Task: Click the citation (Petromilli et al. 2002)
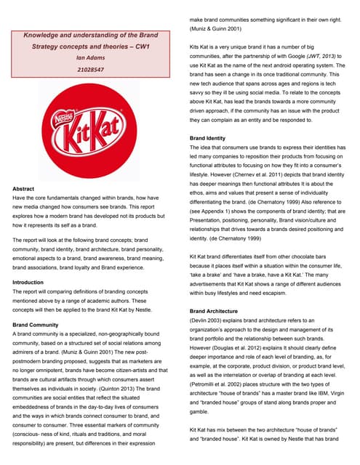pyautogui.click(x=221, y=382)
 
